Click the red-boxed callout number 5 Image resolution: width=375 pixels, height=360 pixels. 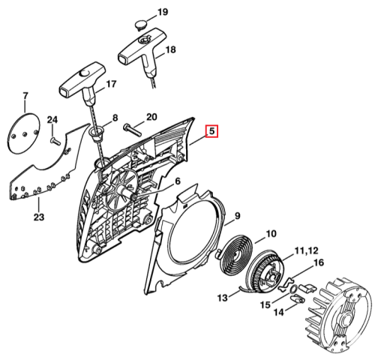(x=211, y=131)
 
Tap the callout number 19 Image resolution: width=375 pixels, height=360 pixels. (x=163, y=12)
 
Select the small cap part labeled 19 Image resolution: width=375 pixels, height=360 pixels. (x=142, y=25)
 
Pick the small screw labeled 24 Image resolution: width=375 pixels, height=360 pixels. (x=55, y=141)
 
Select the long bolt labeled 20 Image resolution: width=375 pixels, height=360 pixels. (x=132, y=130)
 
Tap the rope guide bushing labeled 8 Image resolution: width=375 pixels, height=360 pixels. (x=97, y=134)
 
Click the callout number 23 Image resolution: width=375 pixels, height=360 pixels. (x=39, y=217)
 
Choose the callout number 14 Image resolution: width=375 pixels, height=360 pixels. (x=279, y=312)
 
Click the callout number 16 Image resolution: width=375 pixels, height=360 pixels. (x=318, y=262)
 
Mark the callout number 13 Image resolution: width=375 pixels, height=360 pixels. (x=223, y=298)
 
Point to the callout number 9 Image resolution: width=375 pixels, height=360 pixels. (x=237, y=215)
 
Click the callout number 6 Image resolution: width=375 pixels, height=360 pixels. (x=178, y=181)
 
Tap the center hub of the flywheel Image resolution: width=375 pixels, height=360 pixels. (x=347, y=319)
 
